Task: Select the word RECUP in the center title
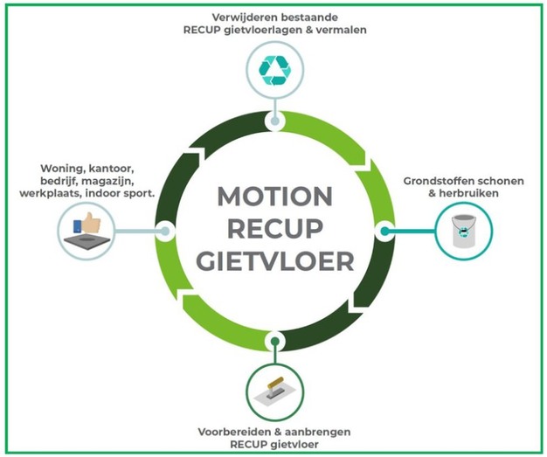coord(274,228)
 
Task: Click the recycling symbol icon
coord(274,70)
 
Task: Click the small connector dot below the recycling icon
coord(274,117)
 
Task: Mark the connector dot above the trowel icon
coord(274,342)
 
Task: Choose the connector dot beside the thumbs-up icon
coord(164,231)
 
